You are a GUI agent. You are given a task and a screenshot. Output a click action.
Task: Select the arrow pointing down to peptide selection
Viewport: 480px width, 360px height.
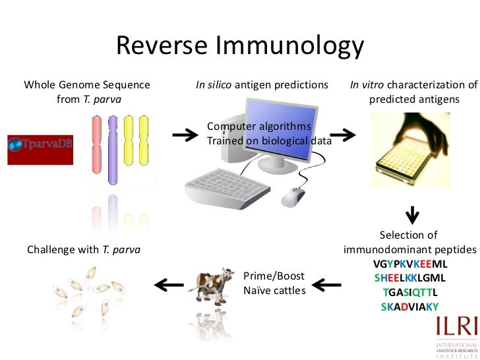click(x=412, y=216)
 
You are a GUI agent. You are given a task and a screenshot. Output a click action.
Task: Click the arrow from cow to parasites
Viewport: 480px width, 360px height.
click(x=168, y=284)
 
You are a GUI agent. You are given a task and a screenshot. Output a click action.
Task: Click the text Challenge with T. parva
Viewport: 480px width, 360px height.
click(x=83, y=250)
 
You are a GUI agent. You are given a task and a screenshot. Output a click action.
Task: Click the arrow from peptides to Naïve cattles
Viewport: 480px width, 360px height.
click(x=327, y=285)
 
